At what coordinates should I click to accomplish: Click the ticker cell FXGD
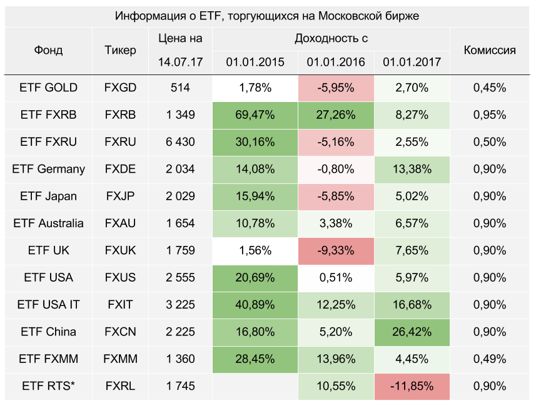coord(120,88)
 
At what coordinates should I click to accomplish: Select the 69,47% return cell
coord(255,115)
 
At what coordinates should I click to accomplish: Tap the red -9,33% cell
coord(336,250)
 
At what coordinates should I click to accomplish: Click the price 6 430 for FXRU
coord(180,142)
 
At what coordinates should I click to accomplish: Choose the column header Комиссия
coord(490,51)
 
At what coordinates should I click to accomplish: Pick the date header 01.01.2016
coord(336,63)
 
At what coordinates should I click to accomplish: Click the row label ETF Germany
coord(48,169)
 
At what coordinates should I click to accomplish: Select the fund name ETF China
coord(48,332)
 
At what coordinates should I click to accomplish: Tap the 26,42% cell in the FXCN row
coord(412,332)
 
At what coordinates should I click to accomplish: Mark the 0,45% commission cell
coord(490,88)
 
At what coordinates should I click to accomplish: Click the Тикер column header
coord(120,51)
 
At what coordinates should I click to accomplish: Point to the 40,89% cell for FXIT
coord(255,305)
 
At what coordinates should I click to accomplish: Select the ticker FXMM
coord(120,359)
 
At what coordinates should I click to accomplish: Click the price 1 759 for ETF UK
coord(180,250)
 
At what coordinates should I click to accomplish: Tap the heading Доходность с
coord(331,39)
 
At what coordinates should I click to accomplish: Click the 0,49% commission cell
coord(490,359)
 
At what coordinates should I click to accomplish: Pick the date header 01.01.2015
coord(255,63)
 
